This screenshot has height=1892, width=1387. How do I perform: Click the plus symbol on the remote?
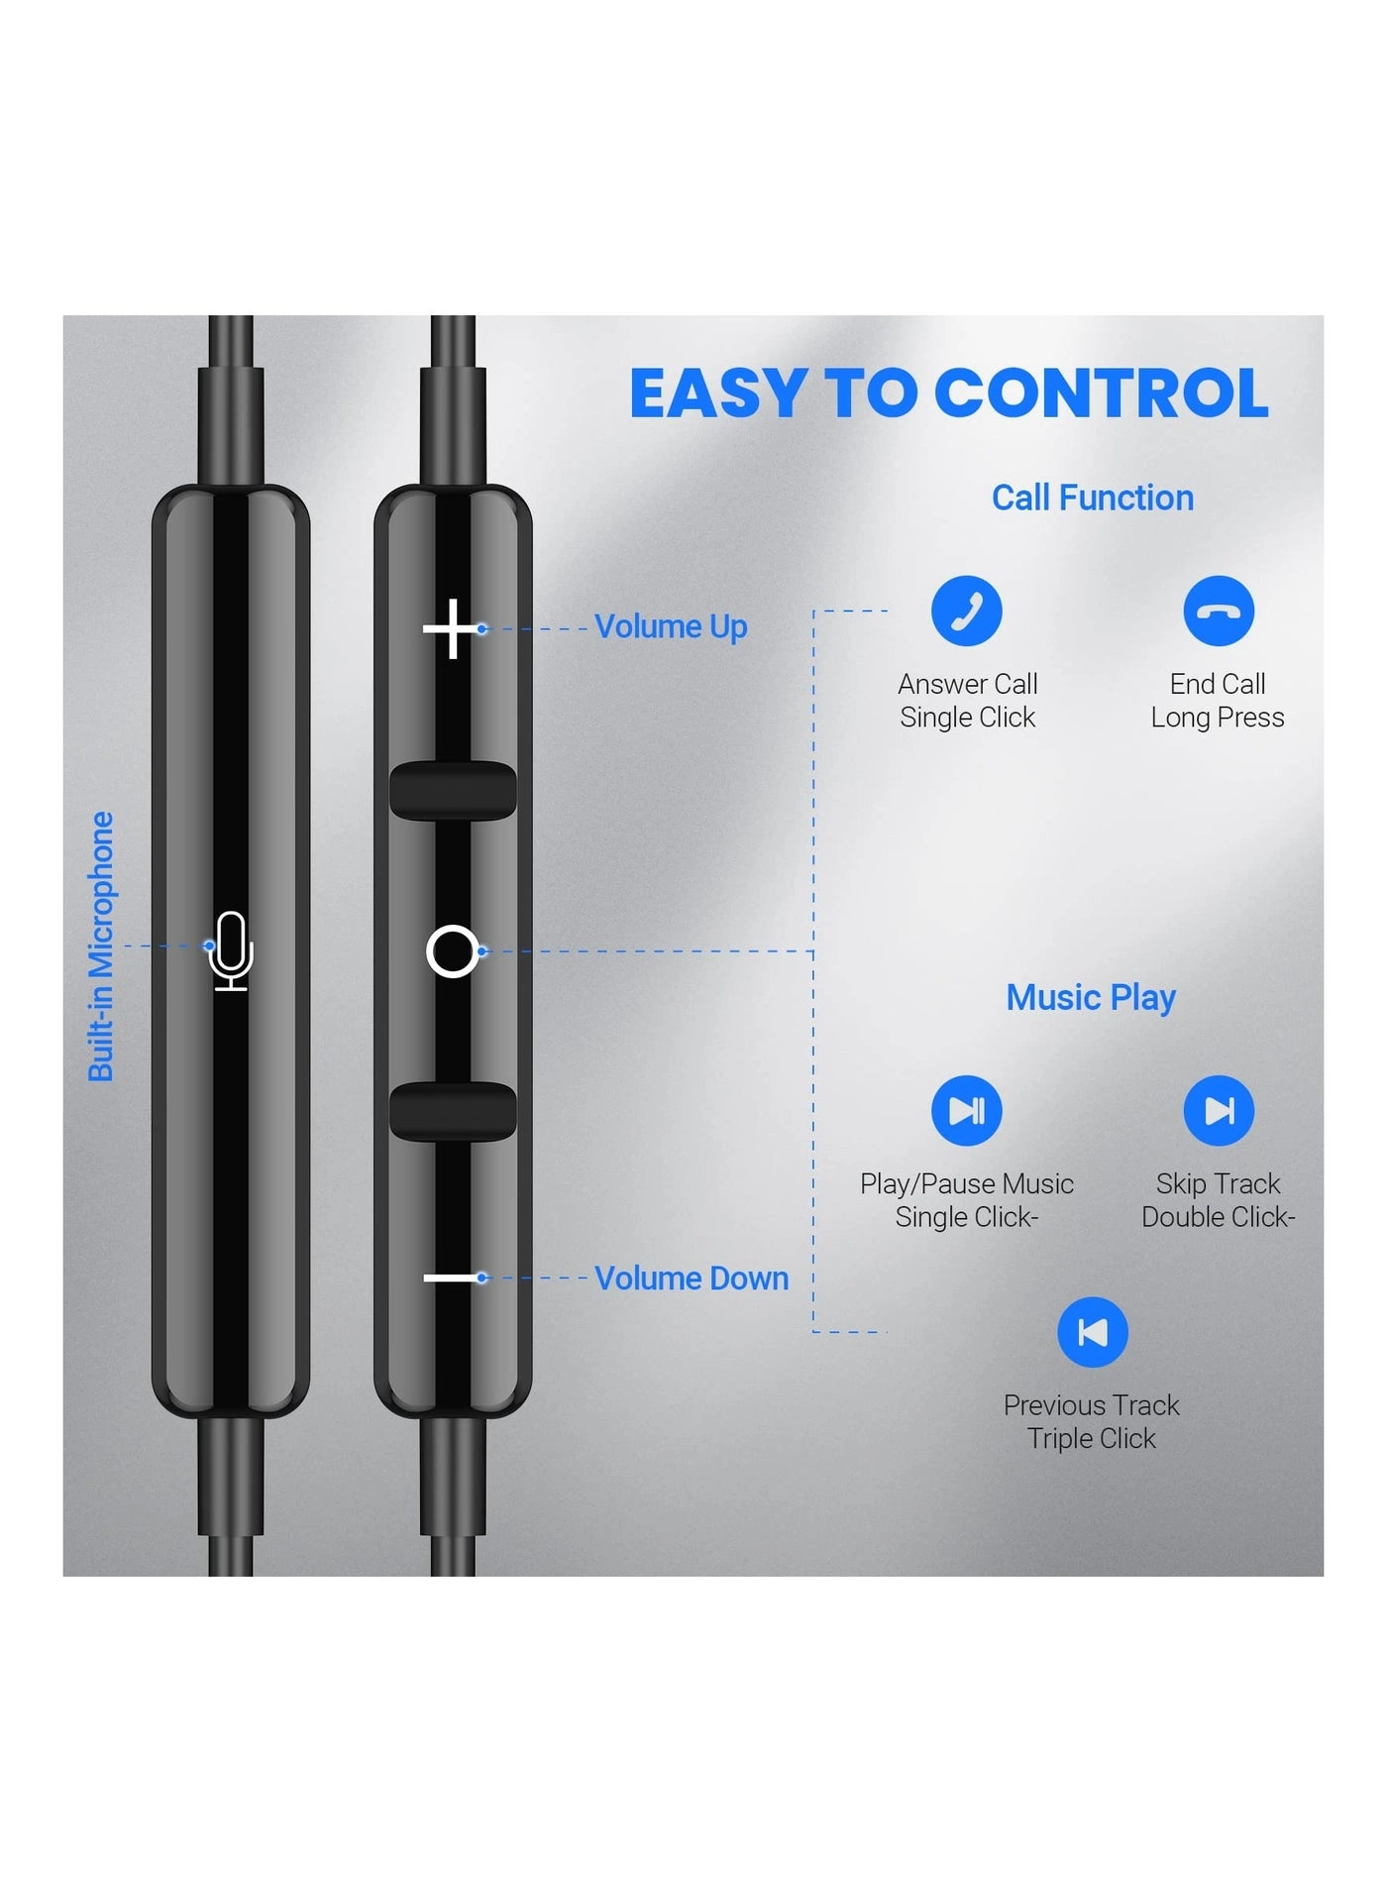pyautogui.click(x=451, y=628)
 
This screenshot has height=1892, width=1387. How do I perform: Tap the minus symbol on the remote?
pyautogui.click(x=451, y=1278)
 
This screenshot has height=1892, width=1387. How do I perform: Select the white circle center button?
pyautogui.click(x=452, y=951)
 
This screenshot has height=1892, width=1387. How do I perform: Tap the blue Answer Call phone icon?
pyautogui.click(x=966, y=611)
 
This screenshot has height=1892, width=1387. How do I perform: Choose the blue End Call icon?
pyautogui.click(x=1219, y=611)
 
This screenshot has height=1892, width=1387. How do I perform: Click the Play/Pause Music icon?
pyautogui.click(x=966, y=1110)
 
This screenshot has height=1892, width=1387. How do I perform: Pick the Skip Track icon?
pyautogui.click(x=1219, y=1110)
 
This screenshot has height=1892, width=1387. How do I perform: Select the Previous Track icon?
pyautogui.click(x=1092, y=1332)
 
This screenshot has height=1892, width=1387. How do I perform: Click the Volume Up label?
pyautogui.click(x=671, y=626)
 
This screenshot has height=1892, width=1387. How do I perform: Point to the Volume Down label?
pyautogui.click(x=692, y=1279)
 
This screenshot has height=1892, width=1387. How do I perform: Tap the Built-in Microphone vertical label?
pyautogui.click(x=101, y=946)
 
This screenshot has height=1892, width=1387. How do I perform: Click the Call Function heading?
pyautogui.click(x=1093, y=498)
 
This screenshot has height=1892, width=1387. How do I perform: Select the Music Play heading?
pyautogui.click(x=1091, y=997)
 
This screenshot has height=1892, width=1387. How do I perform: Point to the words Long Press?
pyautogui.click(x=1218, y=718)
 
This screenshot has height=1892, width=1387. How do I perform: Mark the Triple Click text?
pyautogui.click(x=1092, y=1438)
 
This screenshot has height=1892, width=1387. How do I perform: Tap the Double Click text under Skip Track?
pyautogui.click(x=1218, y=1217)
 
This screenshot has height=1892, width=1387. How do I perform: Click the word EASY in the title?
pyautogui.click(x=719, y=393)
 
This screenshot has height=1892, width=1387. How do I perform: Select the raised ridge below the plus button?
pyautogui.click(x=453, y=790)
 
